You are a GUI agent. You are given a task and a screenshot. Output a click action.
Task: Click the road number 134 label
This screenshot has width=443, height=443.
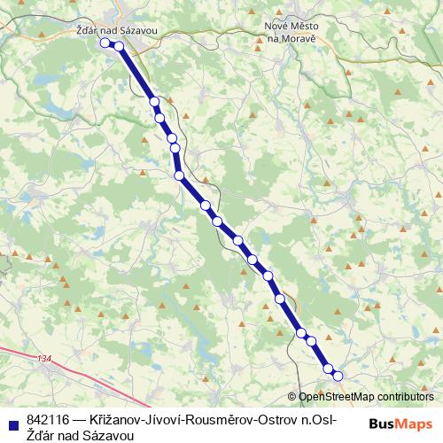45,359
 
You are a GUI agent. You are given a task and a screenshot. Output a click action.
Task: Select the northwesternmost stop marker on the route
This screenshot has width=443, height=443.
105,42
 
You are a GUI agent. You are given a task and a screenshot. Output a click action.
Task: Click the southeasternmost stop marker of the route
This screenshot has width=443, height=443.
338,376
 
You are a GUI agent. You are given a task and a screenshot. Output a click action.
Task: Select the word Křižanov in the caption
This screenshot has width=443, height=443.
117,419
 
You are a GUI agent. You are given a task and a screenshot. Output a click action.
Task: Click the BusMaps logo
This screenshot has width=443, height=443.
400,424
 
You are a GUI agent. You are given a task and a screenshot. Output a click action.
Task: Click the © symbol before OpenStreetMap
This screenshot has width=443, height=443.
292,397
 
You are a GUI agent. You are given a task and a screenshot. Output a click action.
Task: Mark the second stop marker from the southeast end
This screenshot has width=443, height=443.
328,368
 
